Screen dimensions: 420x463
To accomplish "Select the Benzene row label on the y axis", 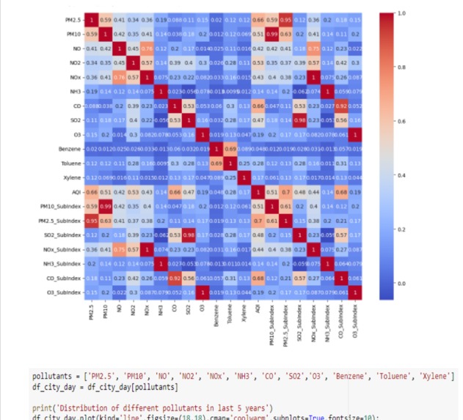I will tap(68, 149).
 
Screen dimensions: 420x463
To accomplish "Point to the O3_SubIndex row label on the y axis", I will tap(61, 292).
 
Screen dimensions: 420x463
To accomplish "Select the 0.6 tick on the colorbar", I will tap(400, 122).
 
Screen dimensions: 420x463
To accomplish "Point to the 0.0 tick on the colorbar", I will tap(400, 283).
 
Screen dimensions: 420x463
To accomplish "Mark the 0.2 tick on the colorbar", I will tap(400, 229).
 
